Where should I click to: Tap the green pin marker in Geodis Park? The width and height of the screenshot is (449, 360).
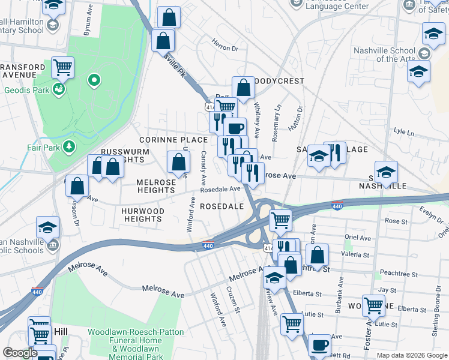pos(94,79)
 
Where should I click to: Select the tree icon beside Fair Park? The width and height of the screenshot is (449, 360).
pos(70,146)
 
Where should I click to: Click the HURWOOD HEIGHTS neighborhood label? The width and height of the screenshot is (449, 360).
pos(143,215)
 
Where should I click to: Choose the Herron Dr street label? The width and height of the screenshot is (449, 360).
pos(225,44)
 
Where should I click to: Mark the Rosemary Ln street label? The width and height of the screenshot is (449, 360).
pos(277,124)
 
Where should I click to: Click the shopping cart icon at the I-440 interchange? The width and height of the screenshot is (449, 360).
pos(280,220)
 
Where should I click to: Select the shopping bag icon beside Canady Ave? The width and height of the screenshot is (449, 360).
pos(178,161)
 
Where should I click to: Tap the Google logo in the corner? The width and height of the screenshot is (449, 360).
pos(20,353)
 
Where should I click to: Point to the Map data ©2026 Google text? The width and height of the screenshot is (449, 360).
pos(411,355)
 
